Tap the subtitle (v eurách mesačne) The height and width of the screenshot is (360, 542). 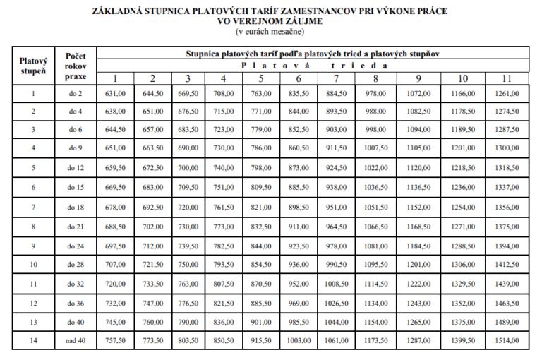click(x=270, y=32)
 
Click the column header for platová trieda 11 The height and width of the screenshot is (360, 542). click(x=506, y=78)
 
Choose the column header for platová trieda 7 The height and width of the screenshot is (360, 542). click(x=336, y=78)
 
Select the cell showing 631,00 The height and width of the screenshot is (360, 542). click(x=115, y=93)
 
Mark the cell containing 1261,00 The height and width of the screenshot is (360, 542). click(x=506, y=93)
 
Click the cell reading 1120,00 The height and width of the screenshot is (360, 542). click(x=418, y=167)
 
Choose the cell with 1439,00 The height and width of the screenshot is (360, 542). click(x=506, y=284)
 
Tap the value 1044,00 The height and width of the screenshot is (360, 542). click(x=336, y=321)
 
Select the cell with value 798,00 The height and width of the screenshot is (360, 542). click(x=260, y=167)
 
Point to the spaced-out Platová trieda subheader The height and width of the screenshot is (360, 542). click(x=313, y=65)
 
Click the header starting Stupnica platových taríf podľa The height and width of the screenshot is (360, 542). click(x=313, y=53)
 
